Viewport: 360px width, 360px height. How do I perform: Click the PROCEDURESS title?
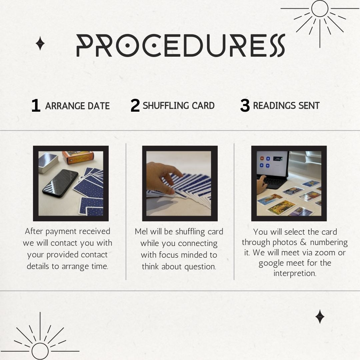point(181,45)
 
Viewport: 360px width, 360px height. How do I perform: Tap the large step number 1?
point(36,105)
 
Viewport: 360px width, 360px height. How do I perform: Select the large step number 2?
point(135,105)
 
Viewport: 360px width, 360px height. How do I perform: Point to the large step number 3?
point(245,105)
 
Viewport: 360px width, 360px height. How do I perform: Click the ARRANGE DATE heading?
point(77,106)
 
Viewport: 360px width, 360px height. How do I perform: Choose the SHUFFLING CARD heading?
point(179,106)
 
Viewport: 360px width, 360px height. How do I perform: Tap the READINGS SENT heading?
point(286,106)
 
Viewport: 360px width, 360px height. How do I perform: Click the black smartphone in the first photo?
point(60,183)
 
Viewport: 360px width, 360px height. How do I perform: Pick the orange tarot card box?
point(78,157)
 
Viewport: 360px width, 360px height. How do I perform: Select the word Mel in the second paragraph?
point(141,231)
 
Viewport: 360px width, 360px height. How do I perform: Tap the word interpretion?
point(295,273)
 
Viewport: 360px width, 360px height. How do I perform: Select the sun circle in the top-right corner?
point(320,8)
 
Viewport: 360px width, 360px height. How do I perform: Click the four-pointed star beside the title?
point(40,43)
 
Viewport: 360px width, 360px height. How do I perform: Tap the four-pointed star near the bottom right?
point(320,317)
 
